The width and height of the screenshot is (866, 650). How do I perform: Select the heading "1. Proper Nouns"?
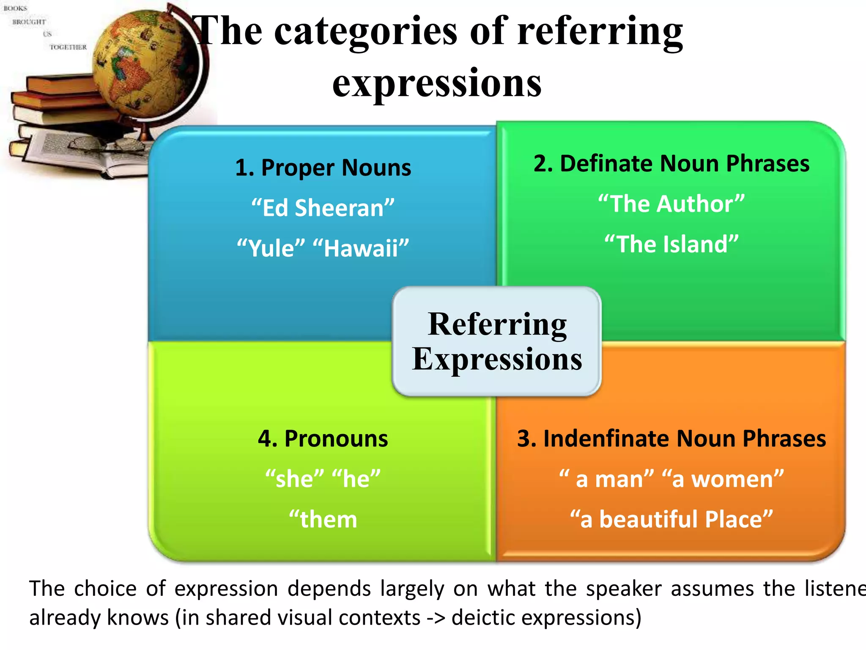click(x=323, y=168)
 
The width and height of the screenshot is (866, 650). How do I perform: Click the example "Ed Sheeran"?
click(x=323, y=208)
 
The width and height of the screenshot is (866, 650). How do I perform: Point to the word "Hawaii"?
click(x=361, y=248)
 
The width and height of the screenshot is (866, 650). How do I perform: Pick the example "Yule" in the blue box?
click(x=271, y=248)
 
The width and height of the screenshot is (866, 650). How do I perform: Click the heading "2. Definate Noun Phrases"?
click(x=671, y=163)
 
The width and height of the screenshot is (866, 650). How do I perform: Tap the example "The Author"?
click(x=671, y=204)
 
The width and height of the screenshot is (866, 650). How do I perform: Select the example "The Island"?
click(x=671, y=244)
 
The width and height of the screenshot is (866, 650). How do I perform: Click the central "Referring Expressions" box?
click(x=497, y=342)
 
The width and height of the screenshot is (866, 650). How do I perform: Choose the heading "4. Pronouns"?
click(x=323, y=438)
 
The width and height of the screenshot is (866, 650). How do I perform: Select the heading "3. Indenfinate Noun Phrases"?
click(x=671, y=438)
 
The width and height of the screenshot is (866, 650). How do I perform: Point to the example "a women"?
click(x=723, y=479)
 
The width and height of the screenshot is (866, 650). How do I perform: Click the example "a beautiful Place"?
click(x=671, y=519)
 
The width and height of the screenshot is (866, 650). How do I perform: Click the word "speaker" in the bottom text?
click(x=624, y=589)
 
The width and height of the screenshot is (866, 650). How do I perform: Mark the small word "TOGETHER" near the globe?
click(x=68, y=47)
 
